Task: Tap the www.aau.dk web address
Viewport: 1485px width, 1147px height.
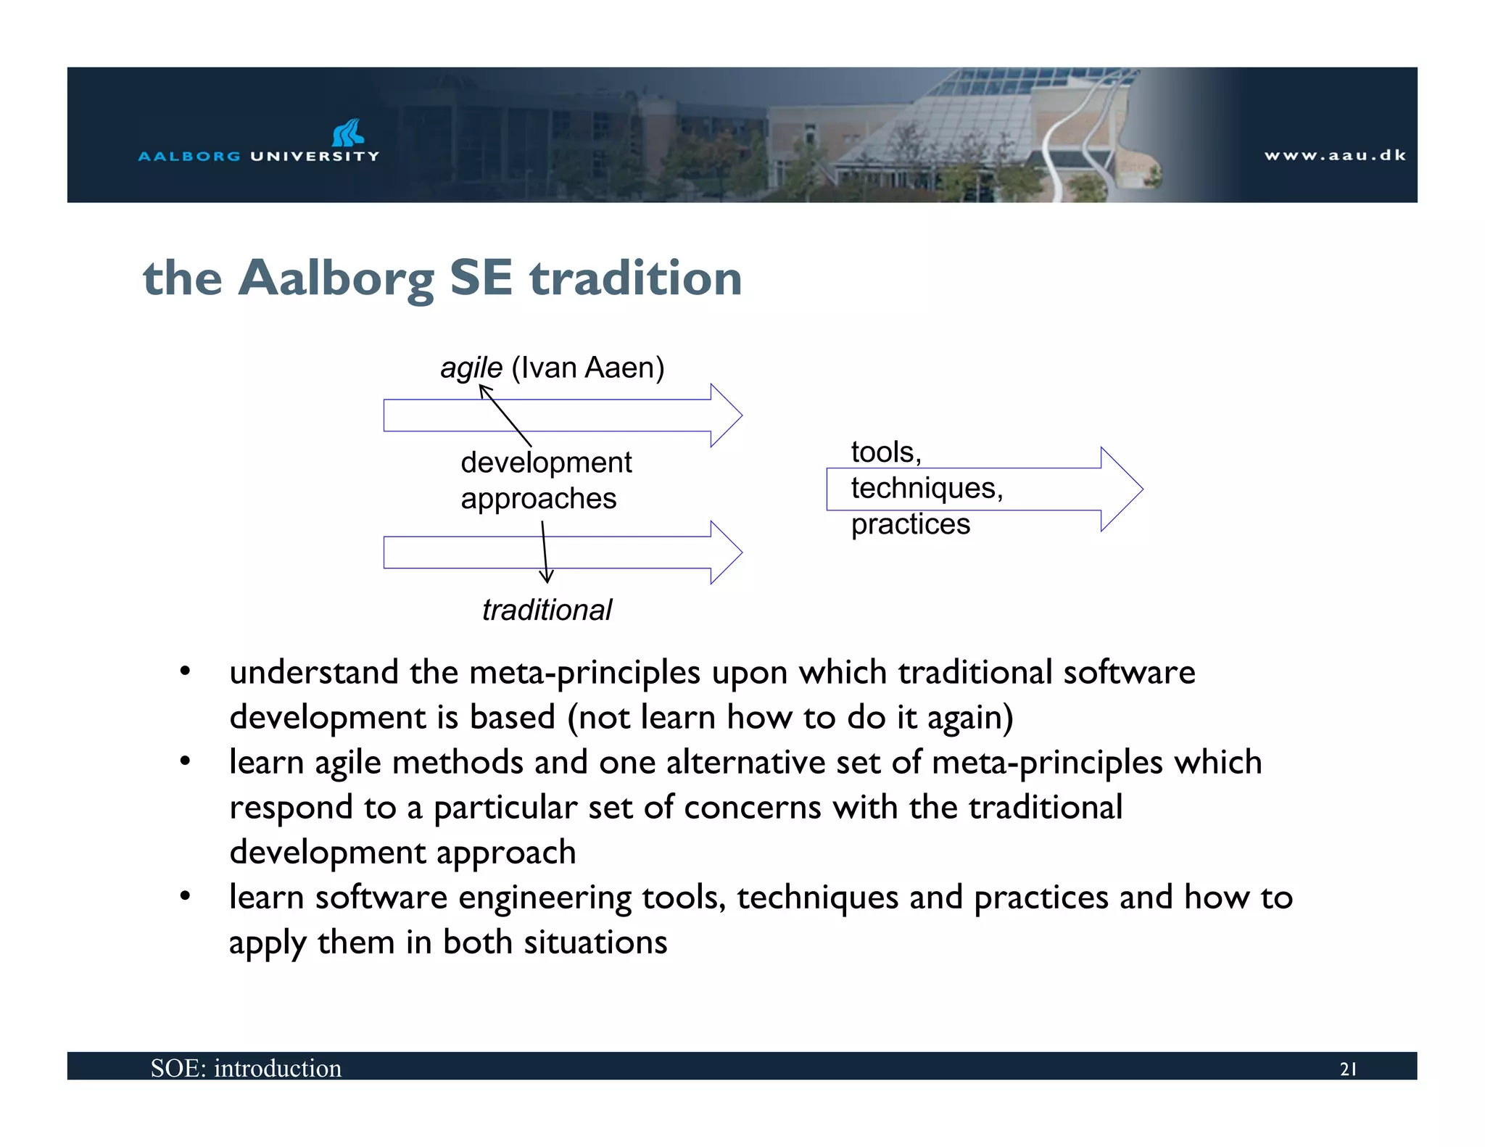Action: pyautogui.click(x=1335, y=155)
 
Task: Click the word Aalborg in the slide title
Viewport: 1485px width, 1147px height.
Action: pyautogui.click(x=336, y=278)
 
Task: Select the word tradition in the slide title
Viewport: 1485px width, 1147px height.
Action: pyautogui.click(x=635, y=278)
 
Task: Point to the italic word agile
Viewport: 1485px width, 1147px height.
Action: pyautogui.click(x=471, y=368)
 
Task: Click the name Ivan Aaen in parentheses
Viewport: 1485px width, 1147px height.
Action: pyautogui.click(x=587, y=368)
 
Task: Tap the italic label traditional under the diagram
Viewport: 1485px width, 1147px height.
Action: pyautogui.click(x=547, y=610)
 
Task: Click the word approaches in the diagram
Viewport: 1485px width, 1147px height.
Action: pyautogui.click(x=539, y=499)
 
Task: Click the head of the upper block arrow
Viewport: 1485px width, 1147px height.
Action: pyautogui.click(x=726, y=415)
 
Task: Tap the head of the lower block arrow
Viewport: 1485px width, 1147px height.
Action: pyautogui.click(x=726, y=552)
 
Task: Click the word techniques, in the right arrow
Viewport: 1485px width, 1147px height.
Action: pyautogui.click(x=927, y=488)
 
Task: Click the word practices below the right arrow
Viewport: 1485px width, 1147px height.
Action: pyautogui.click(x=910, y=524)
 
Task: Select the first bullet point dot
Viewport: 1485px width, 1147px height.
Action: pyautogui.click(x=186, y=671)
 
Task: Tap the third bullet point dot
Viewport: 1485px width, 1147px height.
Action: pyautogui.click(x=186, y=897)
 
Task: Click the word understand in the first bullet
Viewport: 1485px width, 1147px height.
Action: pyautogui.click(x=314, y=672)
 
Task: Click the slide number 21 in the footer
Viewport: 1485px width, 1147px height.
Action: pyautogui.click(x=1348, y=1069)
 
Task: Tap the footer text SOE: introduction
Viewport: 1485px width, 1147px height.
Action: pyautogui.click(x=246, y=1068)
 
